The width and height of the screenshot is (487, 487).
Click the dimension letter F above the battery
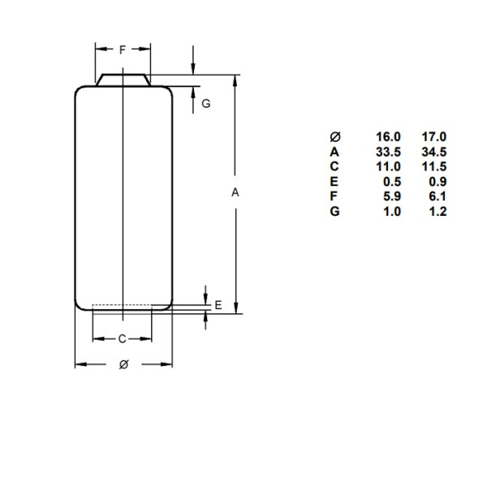point(123,50)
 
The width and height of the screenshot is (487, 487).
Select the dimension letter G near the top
point(206,104)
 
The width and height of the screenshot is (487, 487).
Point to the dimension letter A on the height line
point(235,193)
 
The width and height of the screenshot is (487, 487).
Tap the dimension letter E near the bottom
point(218,305)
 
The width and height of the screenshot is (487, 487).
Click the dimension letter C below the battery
point(123,338)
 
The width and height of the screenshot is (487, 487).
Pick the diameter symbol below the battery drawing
point(123,364)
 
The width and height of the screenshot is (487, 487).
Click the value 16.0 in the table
point(389,137)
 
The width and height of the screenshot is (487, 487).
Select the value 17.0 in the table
point(434,137)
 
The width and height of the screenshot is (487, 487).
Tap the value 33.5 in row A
point(389,152)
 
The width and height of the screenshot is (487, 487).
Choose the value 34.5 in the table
point(434,152)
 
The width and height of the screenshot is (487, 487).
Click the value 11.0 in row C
point(389,166)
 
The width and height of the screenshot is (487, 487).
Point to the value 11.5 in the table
point(434,166)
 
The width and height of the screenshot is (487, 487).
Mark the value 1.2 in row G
point(437,211)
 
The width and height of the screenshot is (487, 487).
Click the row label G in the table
point(335,211)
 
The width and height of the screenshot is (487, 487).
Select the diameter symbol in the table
point(335,137)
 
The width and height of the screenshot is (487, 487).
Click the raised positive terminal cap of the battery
point(123,80)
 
